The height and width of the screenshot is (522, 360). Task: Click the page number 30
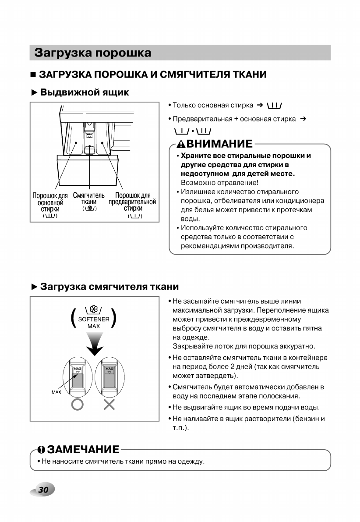(x=43, y=490)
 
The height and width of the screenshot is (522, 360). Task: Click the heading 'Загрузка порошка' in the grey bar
(x=93, y=53)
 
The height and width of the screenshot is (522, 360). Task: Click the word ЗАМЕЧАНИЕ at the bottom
(x=83, y=450)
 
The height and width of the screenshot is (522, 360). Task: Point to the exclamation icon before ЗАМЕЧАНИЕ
(x=41, y=450)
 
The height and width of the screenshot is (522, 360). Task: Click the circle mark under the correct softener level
(x=77, y=405)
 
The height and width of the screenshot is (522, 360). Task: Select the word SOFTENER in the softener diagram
(x=94, y=320)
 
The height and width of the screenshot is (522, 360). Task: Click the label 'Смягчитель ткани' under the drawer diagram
(x=88, y=199)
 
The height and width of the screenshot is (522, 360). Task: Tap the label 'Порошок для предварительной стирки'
(x=133, y=202)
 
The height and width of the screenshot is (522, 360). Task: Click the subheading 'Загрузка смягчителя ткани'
(x=109, y=287)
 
